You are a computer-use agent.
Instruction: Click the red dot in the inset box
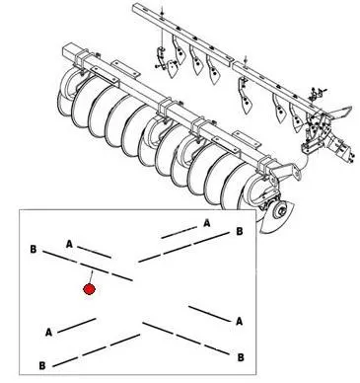click(89, 289)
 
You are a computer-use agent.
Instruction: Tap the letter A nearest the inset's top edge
click(206, 223)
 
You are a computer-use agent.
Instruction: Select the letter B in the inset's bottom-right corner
click(241, 357)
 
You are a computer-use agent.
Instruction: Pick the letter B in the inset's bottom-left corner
click(42, 365)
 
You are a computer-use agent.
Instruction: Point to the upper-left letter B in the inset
click(34, 249)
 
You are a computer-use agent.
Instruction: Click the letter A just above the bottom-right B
click(239, 321)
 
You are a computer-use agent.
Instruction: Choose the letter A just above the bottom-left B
click(48, 333)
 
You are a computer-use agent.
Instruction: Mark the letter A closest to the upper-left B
click(69, 244)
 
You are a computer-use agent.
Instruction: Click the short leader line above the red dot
click(91, 276)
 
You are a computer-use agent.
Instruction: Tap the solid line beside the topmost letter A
click(179, 232)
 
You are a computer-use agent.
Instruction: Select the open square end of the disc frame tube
click(70, 51)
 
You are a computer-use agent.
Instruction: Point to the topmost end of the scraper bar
click(135, 8)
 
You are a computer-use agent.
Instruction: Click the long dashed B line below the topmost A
click(183, 248)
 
